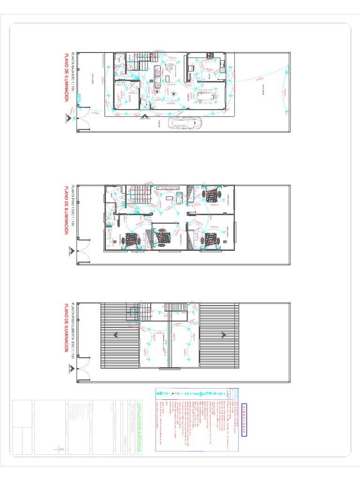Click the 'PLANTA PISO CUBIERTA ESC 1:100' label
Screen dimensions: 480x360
click(73, 331)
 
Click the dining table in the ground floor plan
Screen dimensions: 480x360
click(202, 97)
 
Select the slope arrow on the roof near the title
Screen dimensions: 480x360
click(116, 335)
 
